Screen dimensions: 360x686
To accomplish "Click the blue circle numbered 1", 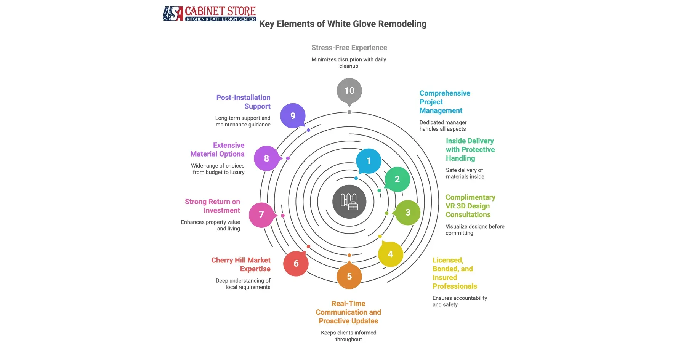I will click(369, 161).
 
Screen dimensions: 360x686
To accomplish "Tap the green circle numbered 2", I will click(397, 179).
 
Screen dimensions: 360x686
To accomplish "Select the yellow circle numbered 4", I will click(390, 254).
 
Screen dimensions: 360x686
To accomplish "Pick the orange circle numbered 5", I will click(349, 277).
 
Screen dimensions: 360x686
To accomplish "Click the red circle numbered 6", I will click(296, 263).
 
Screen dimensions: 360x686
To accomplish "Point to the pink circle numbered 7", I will click(261, 215).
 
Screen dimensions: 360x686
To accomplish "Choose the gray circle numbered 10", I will click(349, 91).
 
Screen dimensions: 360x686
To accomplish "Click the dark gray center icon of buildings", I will click(349, 202).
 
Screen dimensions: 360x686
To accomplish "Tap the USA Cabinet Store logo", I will click(210, 14).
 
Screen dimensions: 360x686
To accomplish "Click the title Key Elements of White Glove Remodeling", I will click(343, 24).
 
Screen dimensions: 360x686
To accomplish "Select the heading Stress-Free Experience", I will click(349, 48).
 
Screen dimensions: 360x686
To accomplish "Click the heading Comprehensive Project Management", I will click(444, 102).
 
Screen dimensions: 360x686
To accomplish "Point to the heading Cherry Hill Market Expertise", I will click(241, 264).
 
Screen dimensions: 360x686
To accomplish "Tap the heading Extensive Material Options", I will click(218, 150).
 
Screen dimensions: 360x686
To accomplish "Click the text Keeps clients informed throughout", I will click(348, 336).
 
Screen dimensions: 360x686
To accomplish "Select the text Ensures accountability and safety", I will click(459, 301).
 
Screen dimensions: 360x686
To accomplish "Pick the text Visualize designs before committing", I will click(474, 229).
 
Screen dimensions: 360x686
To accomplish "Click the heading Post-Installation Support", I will click(244, 102).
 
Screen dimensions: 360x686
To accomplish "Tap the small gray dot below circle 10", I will click(349, 112).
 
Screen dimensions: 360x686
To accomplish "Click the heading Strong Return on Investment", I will click(213, 206).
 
